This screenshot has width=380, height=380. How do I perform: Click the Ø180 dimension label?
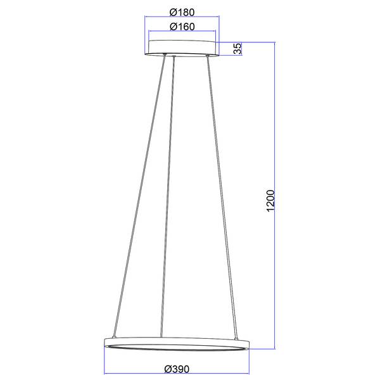[x=182, y=12]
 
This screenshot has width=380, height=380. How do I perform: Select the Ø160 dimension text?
[x=182, y=27]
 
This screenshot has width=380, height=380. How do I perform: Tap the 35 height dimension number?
[x=238, y=49]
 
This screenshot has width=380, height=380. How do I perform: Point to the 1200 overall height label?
[x=270, y=201]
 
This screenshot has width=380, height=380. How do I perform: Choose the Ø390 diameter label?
[x=177, y=369]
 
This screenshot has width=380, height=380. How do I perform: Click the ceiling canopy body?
[x=182, y=48]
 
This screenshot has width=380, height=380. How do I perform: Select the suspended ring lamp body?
[x=177, y=344]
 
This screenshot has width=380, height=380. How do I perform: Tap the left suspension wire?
[x=139, y=196]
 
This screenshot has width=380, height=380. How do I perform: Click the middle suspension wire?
[x=167, y=197]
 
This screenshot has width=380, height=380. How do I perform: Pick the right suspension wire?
[x=222, y=197]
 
